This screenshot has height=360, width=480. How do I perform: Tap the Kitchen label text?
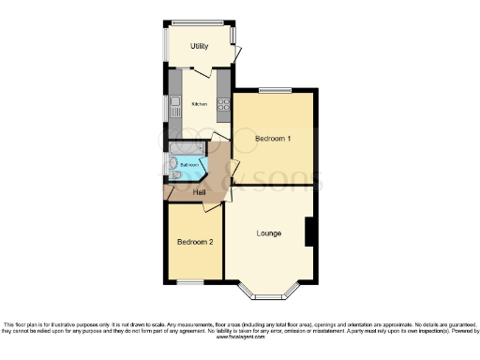pyautogui.click(x=199, y=104)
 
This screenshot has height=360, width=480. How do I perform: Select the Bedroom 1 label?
pyautogui.click(x=273, y=139)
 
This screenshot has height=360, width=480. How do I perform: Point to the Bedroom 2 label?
pyautogui.click(x=195, y=242)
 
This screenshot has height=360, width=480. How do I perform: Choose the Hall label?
pyautogui.click(x=200, y=193)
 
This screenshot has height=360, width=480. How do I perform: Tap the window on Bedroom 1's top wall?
pyautogui.click(x=277, y=91)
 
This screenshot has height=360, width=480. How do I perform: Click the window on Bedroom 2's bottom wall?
pyautogui.click(x=190, y=281)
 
